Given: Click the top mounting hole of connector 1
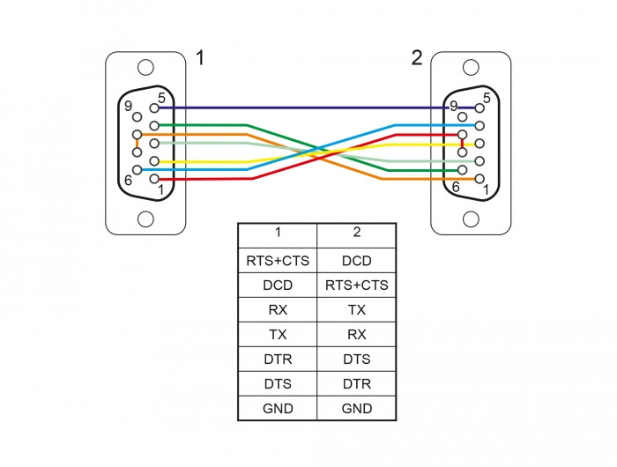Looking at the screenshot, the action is [x=145, y=68].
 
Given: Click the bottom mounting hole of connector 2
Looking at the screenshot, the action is [x=471, y=219].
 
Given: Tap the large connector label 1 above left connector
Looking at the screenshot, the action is [x=200, y=58].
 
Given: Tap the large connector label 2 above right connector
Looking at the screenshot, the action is [x=417, y=58].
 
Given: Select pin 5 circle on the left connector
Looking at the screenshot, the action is [x=154, y=107].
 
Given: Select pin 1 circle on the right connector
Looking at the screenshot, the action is [x=479, y=179].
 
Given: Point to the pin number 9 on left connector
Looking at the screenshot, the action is [x=129, y=106].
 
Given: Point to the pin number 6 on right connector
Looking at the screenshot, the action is [x=456, y=187].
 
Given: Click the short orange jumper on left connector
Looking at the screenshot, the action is [x=137, y=144].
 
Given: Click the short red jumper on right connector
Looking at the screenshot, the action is [x=463, y=144].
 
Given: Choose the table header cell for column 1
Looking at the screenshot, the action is [x=278, y=235].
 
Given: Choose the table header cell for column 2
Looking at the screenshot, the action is [x=356, y=235].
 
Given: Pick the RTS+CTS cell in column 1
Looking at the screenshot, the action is [x=278, y=261].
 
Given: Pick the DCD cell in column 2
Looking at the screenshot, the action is [x=356, y=261].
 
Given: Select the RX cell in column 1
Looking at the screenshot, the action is [x=278, y=309].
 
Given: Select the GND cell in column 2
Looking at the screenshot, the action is [x=356, y=408].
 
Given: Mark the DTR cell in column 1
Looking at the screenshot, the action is [x=278, y=360].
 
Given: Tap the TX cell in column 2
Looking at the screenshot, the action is [x=356, y=309].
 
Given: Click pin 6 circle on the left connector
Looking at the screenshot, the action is [x=137, y=170].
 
